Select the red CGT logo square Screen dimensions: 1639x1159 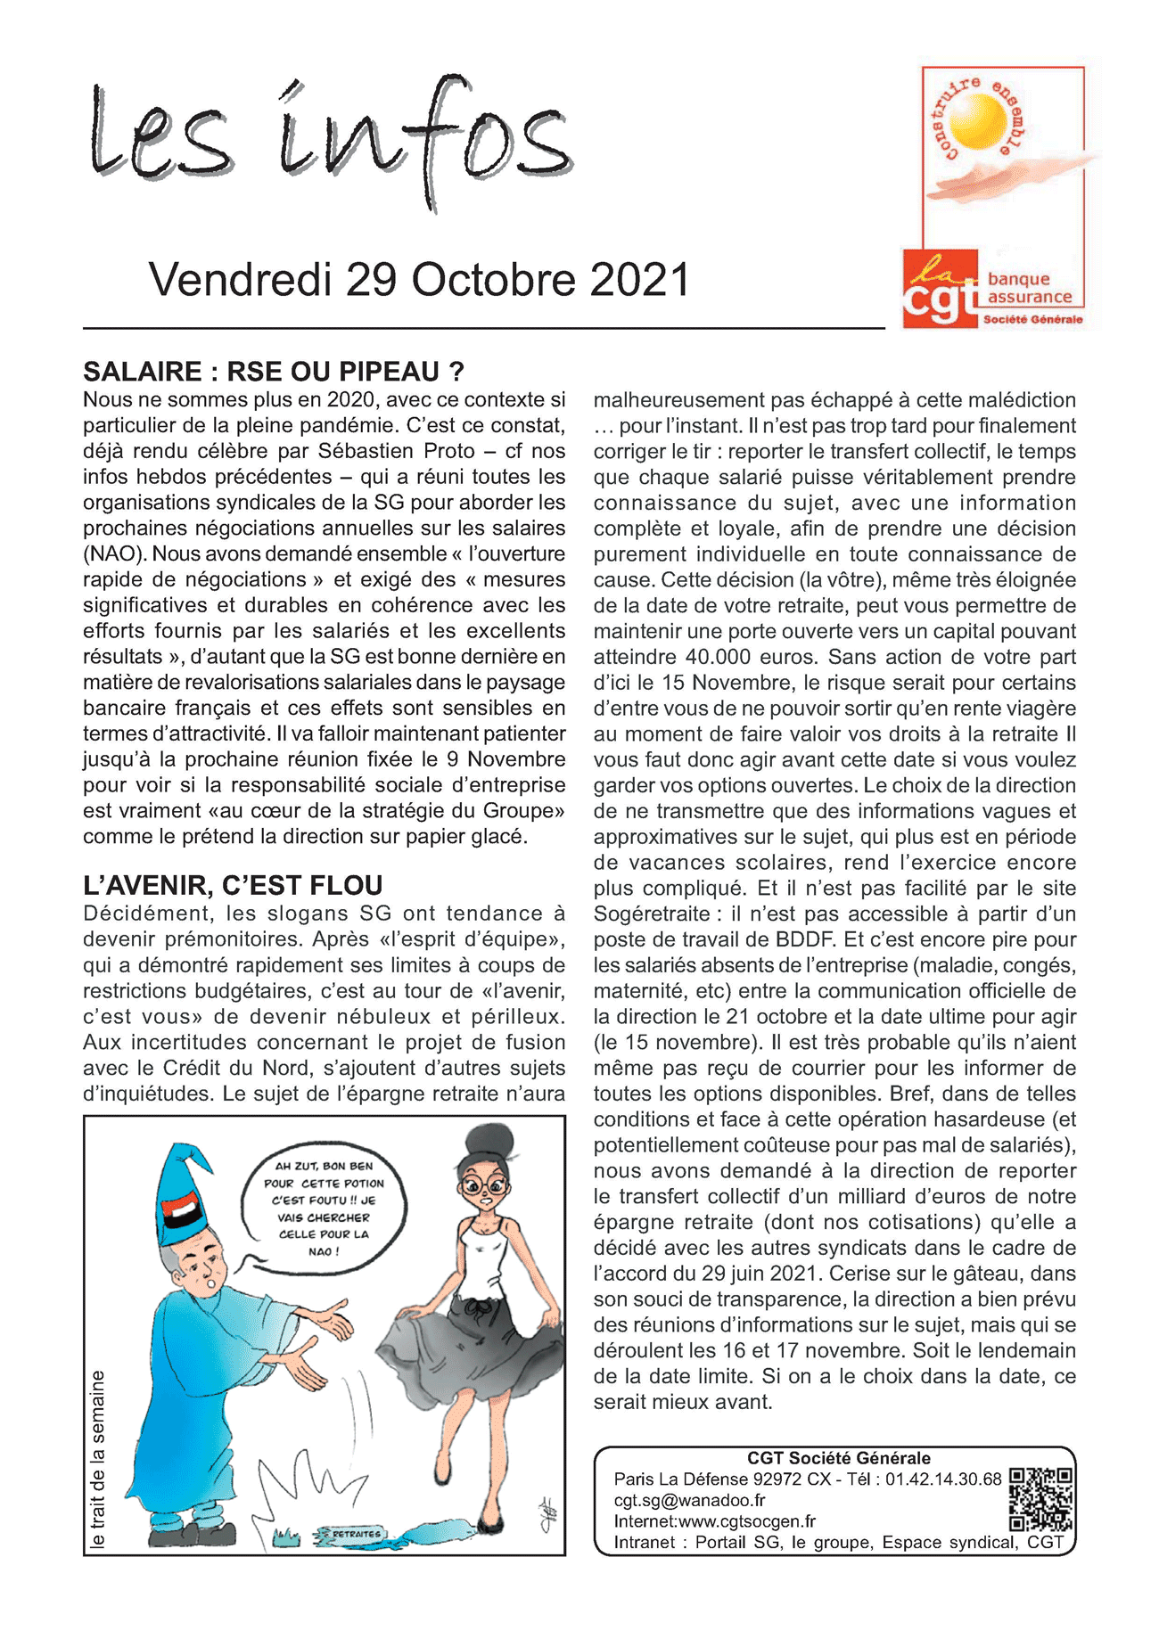click(940, 289)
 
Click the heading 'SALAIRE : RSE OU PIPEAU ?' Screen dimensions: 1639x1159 click(274, 372)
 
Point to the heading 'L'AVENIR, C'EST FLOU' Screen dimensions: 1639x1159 click(233, 885)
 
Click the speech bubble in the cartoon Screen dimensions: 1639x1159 click(324, 1208)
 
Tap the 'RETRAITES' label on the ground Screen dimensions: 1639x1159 click(357, 1534)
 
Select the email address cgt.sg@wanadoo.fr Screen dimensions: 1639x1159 click(689, 1500)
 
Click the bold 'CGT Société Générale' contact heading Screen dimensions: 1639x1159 click(838, 1458)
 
